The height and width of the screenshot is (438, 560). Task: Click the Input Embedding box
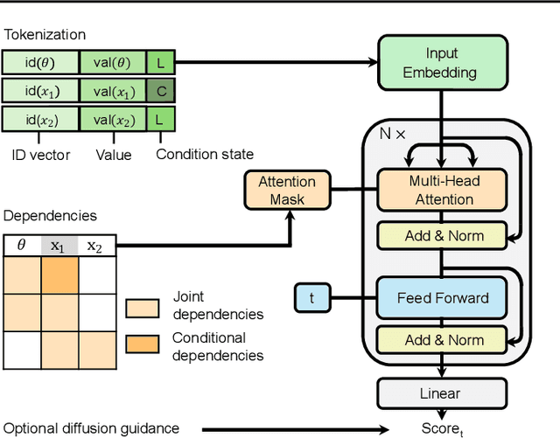point(442,63)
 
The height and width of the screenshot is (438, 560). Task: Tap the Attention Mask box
point(286,191)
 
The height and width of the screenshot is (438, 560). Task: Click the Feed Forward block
point(442,298)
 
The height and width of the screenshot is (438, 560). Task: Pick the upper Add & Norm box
point(442,235)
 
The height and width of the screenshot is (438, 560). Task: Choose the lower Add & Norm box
point(442,340)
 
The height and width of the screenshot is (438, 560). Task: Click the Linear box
point(442,393)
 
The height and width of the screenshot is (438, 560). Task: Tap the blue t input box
point(311,298)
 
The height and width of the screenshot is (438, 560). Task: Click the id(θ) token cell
point(40,62)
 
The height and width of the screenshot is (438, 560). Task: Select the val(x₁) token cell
point(112,90)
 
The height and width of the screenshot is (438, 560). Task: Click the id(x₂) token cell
point(40,118)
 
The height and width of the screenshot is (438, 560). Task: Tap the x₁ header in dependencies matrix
point(58,247)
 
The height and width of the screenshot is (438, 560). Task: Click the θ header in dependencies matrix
point(22,247)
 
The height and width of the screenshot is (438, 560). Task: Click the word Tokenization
point(45,35)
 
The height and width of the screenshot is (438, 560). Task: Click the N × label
point(392,134)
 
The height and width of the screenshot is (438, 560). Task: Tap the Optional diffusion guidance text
point(90,428)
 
